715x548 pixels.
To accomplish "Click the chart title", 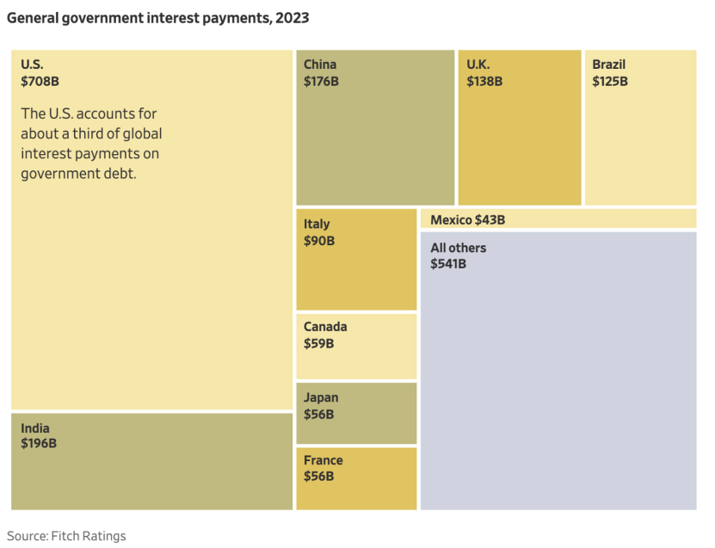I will point(158,17).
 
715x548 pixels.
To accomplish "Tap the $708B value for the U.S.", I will point(40,82).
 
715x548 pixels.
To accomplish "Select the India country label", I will point(35,428).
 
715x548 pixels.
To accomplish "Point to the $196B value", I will point(39,444).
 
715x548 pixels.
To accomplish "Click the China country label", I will point(320,65).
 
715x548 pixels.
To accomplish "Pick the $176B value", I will point(322,82).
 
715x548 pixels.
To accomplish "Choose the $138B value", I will point(484,82).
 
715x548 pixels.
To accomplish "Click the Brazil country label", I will point(608,65).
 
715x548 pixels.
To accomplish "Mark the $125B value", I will point(610,82).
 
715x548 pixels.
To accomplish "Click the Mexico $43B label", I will point(467,220).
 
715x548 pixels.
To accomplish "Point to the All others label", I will point(458,248).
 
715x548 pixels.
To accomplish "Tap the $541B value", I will point(448,263).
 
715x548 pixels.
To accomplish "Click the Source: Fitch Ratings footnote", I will point(67,536).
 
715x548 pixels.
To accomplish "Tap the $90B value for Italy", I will point(319,241).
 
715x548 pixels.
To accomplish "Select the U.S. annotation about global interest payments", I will point(90,144).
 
